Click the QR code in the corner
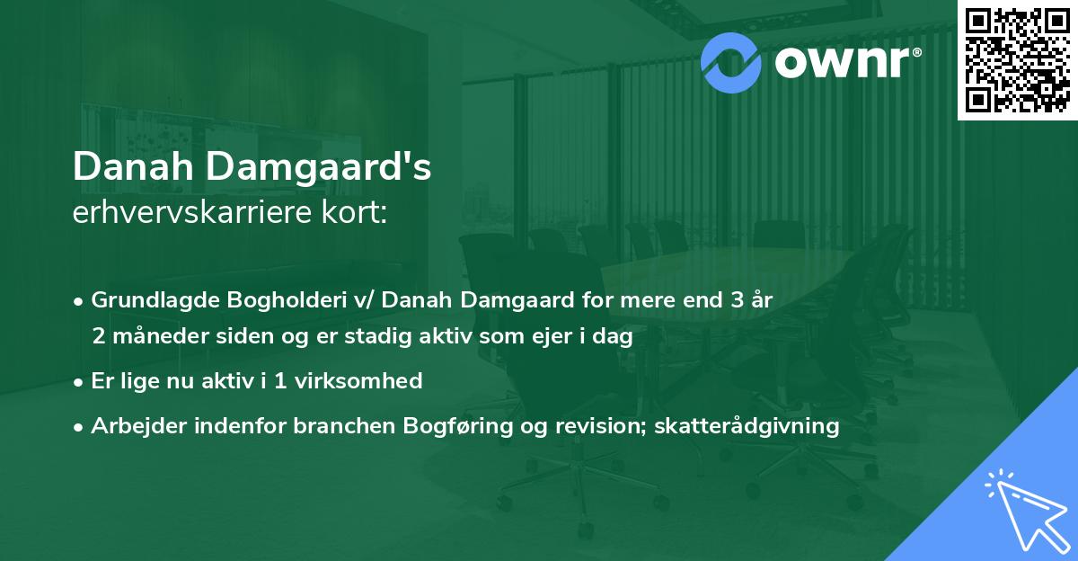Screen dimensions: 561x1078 [x=1018, y=59]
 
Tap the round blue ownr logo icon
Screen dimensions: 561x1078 [x=730, y=60]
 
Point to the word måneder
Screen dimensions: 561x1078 [x=150, y=337]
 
